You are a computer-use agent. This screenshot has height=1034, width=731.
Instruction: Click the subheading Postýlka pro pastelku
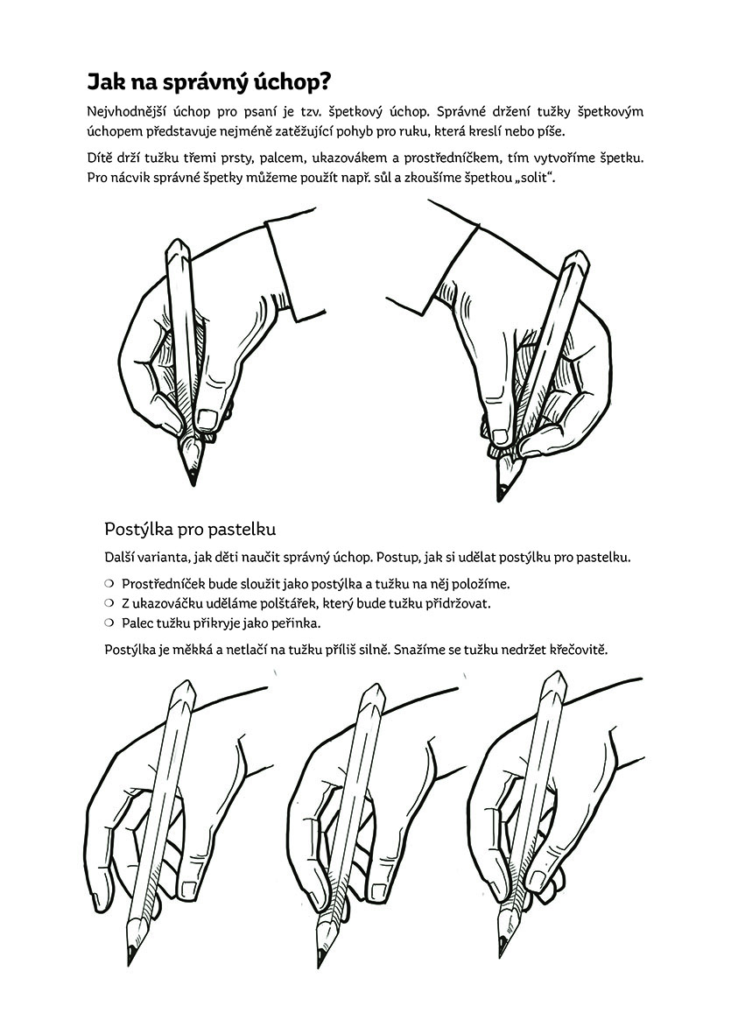click(190, 530)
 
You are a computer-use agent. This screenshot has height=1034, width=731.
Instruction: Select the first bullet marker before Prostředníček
click(109, 583)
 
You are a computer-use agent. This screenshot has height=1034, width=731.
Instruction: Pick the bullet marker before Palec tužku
click(109, 622)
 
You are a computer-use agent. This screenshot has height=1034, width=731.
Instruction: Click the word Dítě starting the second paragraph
click(100, 158)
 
